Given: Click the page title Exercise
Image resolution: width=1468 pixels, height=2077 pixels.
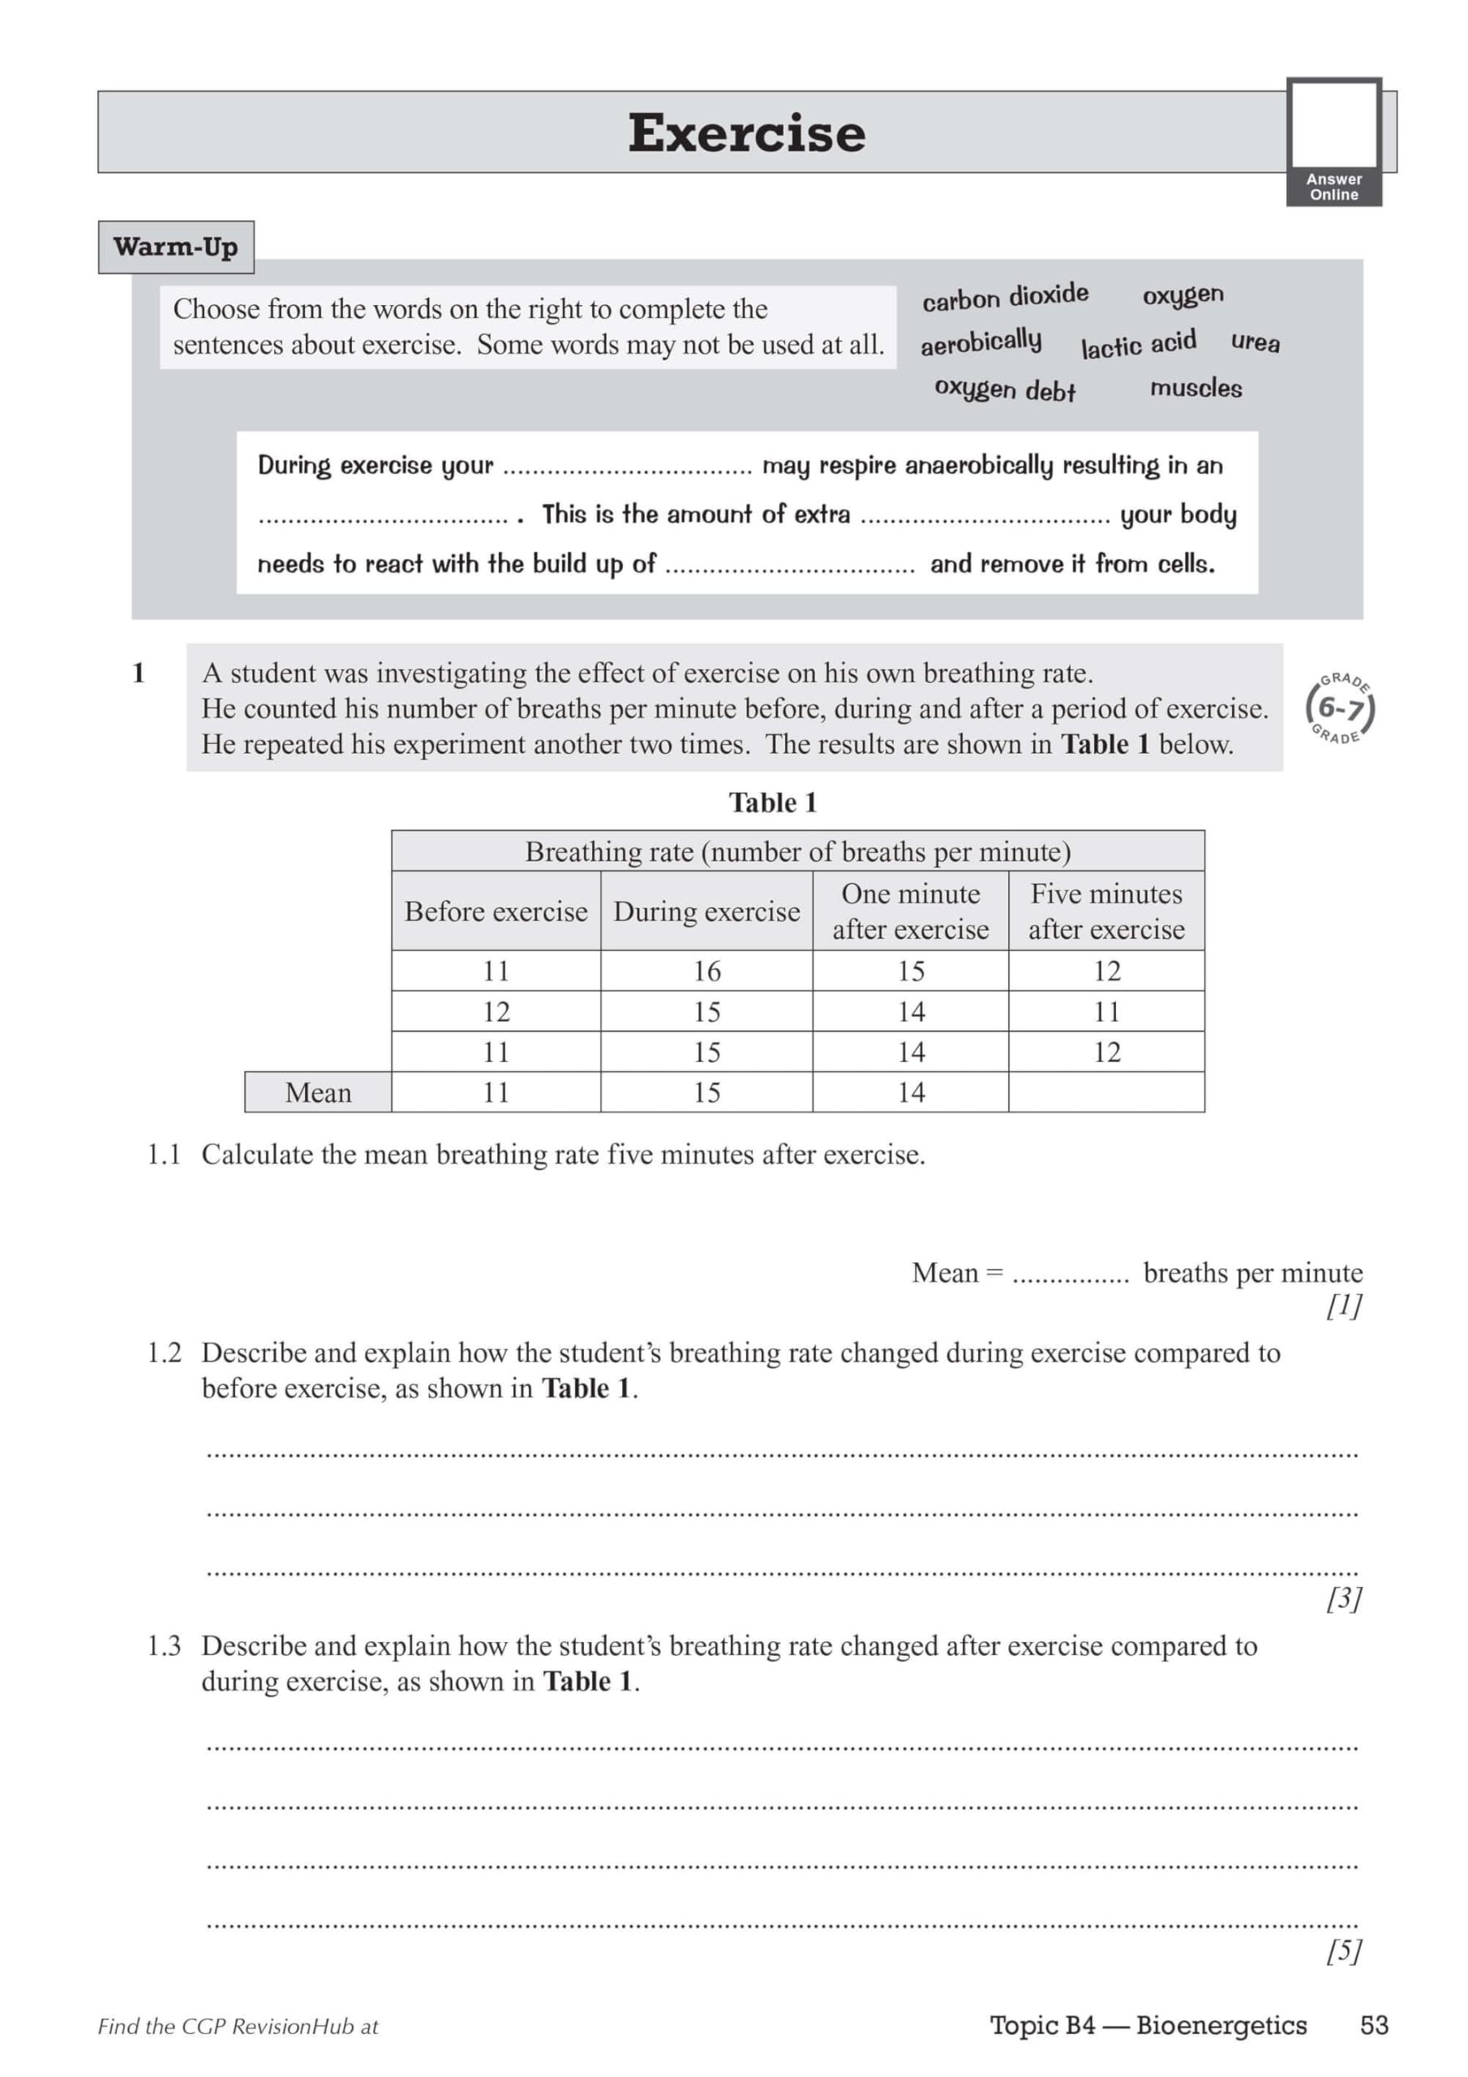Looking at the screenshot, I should coord(746,133).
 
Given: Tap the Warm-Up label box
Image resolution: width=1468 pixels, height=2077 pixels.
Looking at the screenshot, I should coord(175,247).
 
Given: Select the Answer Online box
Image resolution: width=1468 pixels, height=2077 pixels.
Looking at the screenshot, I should coord(1333,142).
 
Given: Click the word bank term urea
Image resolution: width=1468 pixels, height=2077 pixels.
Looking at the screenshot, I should coord(1255,342).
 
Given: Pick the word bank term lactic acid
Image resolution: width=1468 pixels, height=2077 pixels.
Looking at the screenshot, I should coord(1138,344).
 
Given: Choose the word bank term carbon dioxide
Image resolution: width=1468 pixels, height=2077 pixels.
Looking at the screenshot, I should coord(1005,297).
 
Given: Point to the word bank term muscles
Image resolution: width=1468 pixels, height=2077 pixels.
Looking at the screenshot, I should coord(1195,388).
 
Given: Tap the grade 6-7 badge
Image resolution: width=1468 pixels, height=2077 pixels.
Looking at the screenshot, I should coord(1340,708).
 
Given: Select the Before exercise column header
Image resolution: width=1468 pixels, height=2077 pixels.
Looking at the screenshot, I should coord(496,911).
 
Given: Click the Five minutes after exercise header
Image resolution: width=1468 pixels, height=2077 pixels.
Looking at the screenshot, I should coord(1106,911).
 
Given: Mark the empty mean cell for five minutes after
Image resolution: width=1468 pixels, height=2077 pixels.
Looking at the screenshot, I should coord(1106,1093).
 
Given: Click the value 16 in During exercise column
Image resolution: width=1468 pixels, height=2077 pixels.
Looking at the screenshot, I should coord(706,970).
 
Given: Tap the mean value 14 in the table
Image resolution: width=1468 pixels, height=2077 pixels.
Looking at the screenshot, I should coord(911,1093).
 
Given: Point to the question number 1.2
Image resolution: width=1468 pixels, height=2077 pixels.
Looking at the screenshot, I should coord(164,1353).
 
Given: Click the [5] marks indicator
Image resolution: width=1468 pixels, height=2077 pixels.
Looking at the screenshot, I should coord(1343,1951).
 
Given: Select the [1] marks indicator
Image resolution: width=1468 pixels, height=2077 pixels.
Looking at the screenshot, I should coord(1343,1305).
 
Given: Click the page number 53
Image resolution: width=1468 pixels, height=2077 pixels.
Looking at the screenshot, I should coord(1373,2025).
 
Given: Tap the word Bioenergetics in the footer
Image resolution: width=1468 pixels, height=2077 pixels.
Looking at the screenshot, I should coord(1221,2025).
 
